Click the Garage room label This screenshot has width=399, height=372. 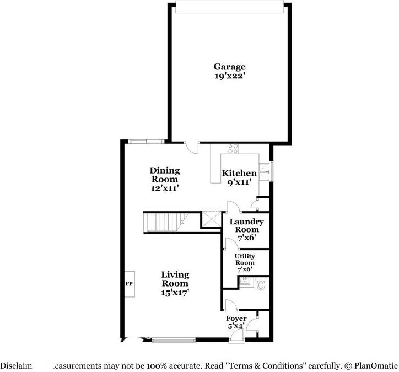pyautogui.click(x=230, y=67)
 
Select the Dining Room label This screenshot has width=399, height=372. pyautogui.click(x=164, y=175)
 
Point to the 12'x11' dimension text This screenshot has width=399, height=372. pyautogui.click(x=164, y=188)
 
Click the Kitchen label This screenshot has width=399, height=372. pyautogui.click(x=239, y=174)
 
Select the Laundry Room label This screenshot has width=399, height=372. pyautogui.click(x=242, y=225)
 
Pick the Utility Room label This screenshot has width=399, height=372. pyautogui.click(x=244, y=260)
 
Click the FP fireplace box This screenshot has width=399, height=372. pyautogui.click(x=128, y=285)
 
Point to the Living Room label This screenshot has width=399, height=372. pyautogui.click(x=175, y=279)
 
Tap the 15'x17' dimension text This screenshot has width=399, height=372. pyautogui.click(x=175, y=293)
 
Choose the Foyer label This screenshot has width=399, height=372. pyautogui.click(x=236, y=319)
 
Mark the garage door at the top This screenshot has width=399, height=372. pyautogui.click(x=229, y=7)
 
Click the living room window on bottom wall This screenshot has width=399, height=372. pyautogui.click(x=174, y=340)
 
